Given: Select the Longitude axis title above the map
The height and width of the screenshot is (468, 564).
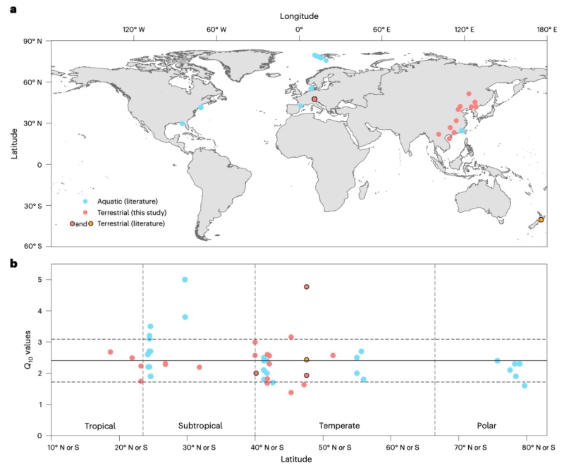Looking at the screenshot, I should coord(299,16).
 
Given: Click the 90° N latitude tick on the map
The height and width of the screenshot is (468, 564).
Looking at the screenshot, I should coord(34,41).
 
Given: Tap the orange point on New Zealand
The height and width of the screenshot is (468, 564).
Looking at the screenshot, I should coord(541,220).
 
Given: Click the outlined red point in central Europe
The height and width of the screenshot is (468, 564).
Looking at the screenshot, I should coord(314,99).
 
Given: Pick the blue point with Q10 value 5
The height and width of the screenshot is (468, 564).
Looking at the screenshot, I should coord(185,280).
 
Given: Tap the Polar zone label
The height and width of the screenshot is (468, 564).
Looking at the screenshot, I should coord(490,426).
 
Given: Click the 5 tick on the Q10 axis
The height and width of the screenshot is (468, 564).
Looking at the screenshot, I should coord(42,280).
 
